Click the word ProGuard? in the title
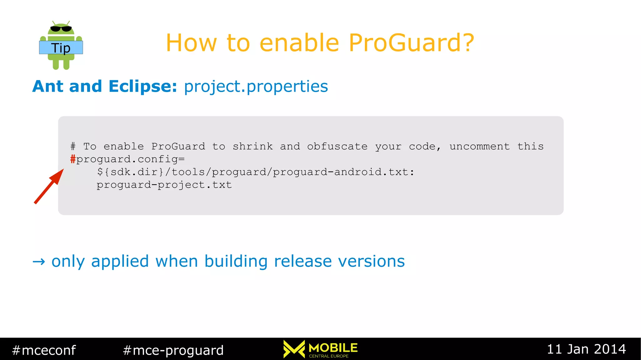coord(411,43)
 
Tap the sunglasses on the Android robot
coord(61,29)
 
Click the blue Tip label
coord(61,48)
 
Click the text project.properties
coord(256,87)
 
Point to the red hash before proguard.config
coord(73,159)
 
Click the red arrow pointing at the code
coord(49,187)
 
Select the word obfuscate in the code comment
coord(337,146)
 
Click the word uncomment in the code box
coord(479,146)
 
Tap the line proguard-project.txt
coord(164,185)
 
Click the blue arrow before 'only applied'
coord(39,261)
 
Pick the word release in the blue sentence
coord(303,261)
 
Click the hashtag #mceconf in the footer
coord(44,350)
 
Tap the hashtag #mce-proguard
coord(173,350)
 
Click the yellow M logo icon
coord(294,349)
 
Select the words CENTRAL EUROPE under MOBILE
coord(329,356)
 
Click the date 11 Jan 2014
coord(586,349)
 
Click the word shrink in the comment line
coord(253,146)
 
